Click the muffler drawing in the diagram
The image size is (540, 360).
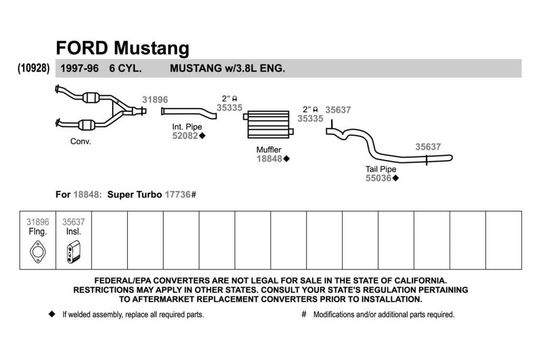268,124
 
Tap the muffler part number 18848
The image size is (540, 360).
269,159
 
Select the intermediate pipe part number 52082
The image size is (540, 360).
185,135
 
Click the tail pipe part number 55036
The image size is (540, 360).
379,178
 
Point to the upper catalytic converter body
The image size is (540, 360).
91,98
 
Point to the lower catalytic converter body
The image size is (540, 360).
87,125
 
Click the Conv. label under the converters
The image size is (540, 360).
81,141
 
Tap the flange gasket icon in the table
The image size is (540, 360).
37,251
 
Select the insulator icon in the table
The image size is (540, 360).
73,251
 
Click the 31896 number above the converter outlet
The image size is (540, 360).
155,100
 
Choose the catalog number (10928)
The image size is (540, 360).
34,68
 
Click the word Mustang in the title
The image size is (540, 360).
151,48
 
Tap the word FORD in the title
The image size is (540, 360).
82,47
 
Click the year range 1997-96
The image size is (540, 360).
80,68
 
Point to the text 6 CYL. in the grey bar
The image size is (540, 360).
126,68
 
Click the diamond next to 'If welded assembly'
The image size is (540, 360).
52,314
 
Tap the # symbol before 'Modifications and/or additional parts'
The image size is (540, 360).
304,314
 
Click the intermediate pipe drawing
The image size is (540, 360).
189,112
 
